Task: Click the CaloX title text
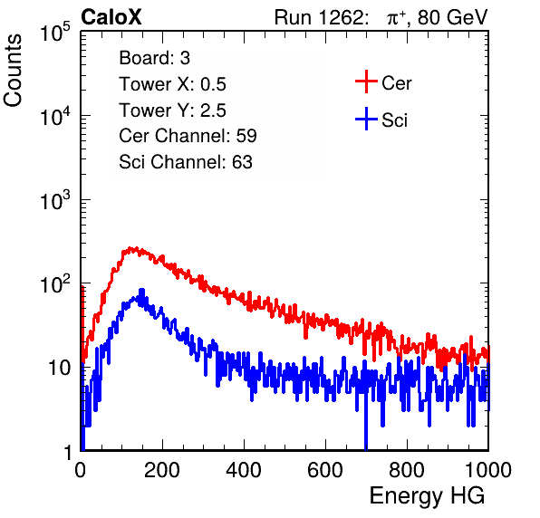click(111, 17)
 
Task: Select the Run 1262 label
click(319, 17)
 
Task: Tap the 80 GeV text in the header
click(452, 17)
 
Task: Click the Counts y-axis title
click(13, 71)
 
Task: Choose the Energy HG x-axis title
click(427, 496)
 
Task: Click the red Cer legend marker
click(366, 82)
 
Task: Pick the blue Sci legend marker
click(366, 120)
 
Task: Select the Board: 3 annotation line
click(154, 58)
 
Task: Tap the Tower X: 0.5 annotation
click(172, 84)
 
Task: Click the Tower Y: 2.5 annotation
click(172, 110)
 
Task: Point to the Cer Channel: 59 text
click(188, 136)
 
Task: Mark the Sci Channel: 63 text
click(186, 162)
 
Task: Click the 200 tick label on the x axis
click(162, 470)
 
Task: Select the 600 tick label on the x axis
click(325, 470)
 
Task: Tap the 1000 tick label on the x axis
click(488, 470)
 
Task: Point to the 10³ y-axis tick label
click(55, 200)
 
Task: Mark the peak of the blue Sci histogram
click(140, 290)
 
